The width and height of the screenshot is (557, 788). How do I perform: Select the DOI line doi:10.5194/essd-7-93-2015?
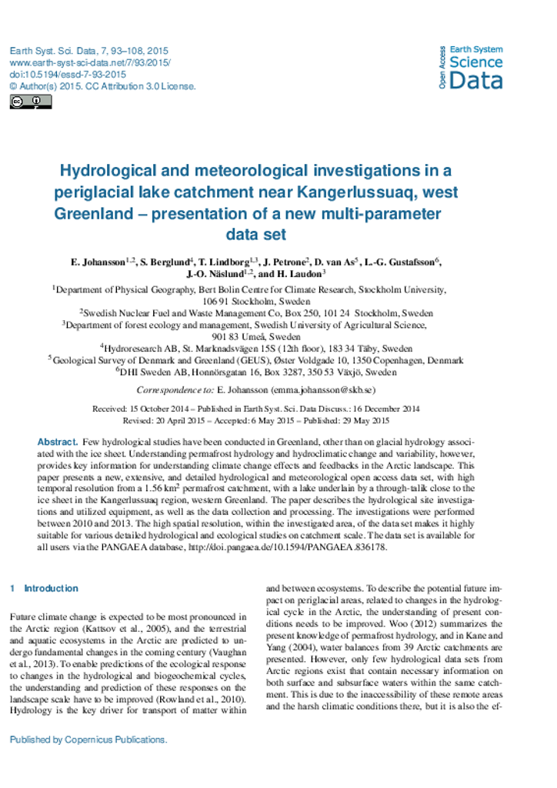pos(68,75)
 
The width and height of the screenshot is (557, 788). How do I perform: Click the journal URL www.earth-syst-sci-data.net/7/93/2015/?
pos(90,62)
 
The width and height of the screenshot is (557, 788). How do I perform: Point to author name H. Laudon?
pos(302,273)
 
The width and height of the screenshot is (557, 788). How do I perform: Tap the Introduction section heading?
pos(51,588)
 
